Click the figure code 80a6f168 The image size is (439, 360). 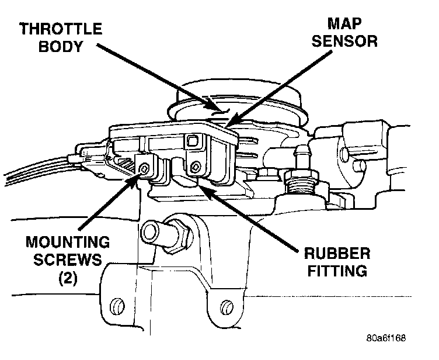[x=386, y=338]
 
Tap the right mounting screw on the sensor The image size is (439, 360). [x=194, y=168]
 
